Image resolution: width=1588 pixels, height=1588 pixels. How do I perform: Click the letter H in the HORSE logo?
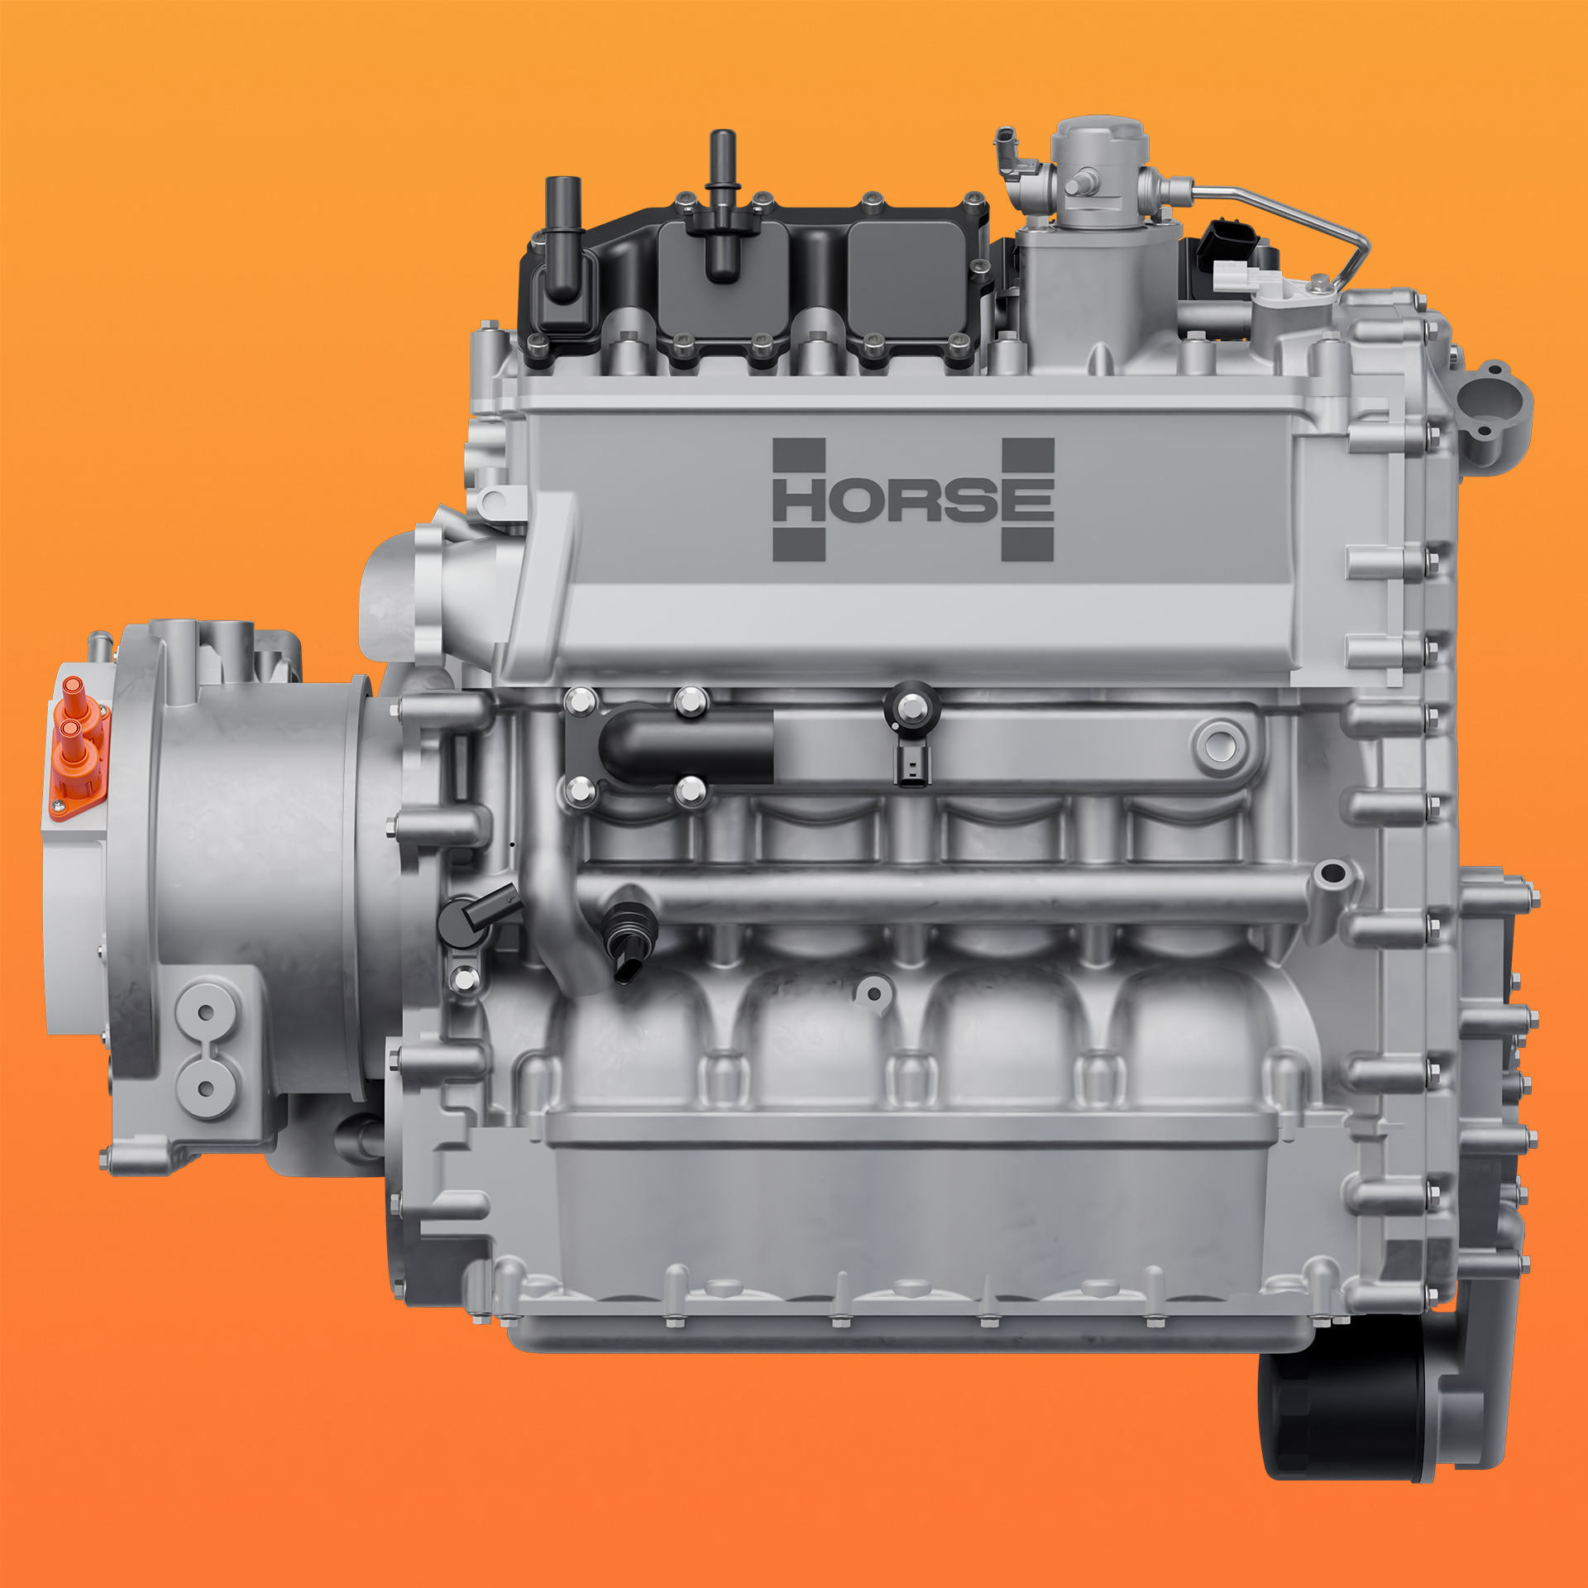(x=799, y=500)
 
